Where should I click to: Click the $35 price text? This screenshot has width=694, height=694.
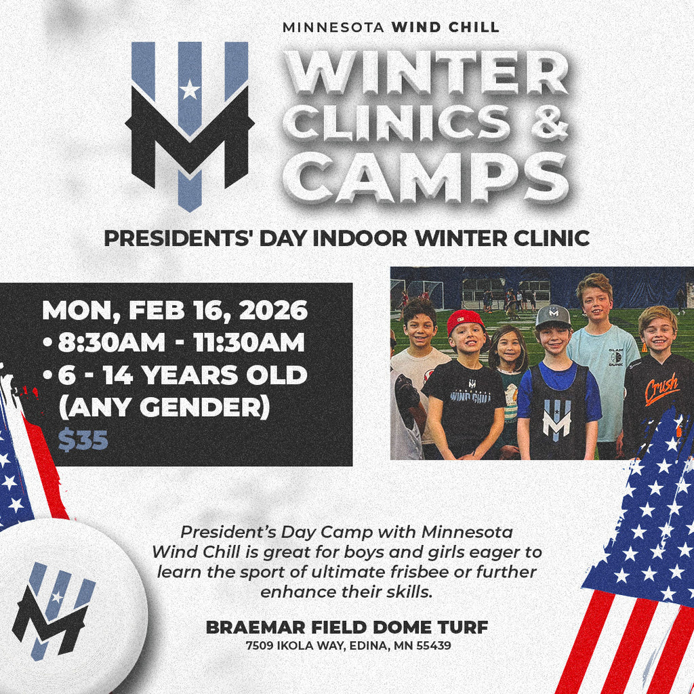point(83,440)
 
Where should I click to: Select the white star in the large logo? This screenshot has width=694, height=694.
point(190,90)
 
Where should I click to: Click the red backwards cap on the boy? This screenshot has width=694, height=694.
point(465,321)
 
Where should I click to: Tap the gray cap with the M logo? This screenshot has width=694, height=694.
point(553,316)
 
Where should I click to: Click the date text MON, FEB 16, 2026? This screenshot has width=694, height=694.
point(175,310)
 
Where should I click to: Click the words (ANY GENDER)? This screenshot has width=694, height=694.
point(164,407)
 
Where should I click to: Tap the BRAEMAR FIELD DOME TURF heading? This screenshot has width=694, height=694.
point(347,627)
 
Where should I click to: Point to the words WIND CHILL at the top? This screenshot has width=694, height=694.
point(445,27)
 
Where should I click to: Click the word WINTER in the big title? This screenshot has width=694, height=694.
point(426,72)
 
